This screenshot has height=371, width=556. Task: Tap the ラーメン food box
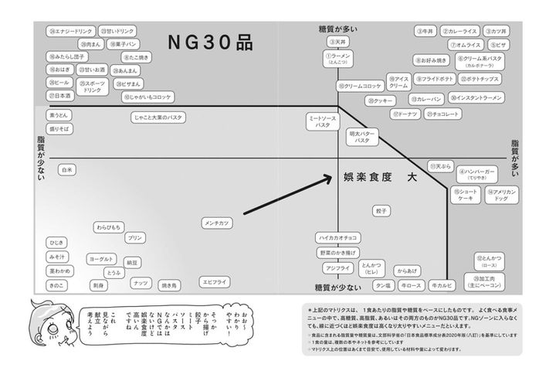pyautogui.click(x=337, y=60)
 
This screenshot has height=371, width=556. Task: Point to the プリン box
pyautogui.click(x=135, y=238)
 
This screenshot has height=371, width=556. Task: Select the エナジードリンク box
pyautogui.click(x=69, y=32)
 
